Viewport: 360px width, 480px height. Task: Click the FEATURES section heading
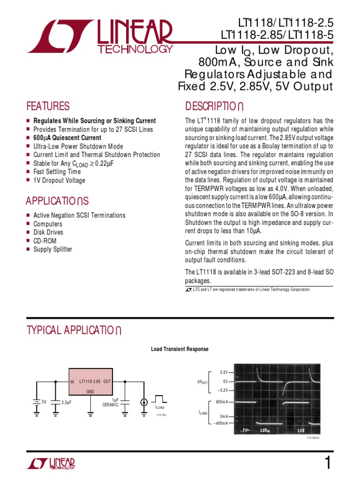click(48, 106)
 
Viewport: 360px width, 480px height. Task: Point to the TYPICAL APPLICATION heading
click(75, 330)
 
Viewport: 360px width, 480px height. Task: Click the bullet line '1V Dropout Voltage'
click(59, 180)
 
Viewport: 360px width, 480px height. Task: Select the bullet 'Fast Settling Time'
click(57, 172)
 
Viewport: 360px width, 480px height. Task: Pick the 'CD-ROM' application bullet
click(45, 241)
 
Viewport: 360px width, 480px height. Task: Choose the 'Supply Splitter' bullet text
click(52, 249)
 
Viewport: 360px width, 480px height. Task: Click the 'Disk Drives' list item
click(48, 232)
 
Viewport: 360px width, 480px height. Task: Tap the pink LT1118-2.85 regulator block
click(90, 386)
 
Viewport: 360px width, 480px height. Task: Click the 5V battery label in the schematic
click(44, 402)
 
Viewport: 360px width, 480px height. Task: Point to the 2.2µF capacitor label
click(66, 402)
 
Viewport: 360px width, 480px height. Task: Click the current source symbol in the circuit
click(144, 402)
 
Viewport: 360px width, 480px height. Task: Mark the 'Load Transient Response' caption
click(180, 349)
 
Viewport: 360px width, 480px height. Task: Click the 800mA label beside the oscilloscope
click(222, 402)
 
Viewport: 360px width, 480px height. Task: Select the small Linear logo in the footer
click(51, 464)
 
